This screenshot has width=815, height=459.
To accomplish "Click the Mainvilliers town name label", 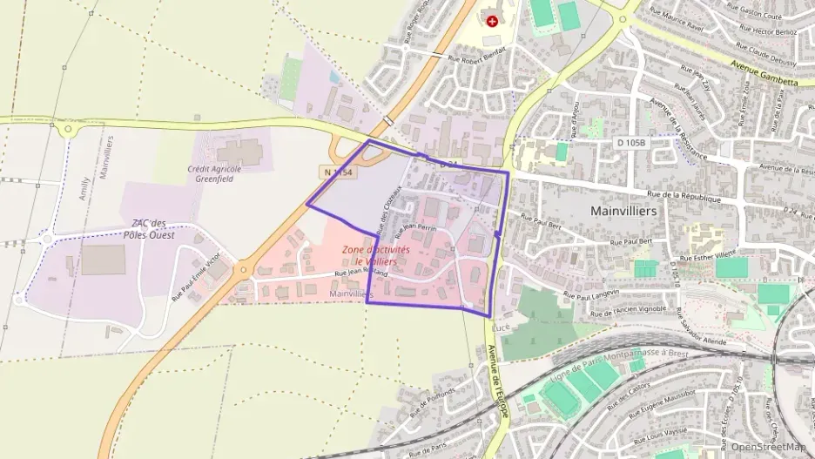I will [x=623, y=211].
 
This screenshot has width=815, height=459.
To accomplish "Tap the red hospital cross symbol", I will [x=494, y=20].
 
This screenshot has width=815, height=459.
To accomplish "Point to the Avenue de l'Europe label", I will [x=497, y=380].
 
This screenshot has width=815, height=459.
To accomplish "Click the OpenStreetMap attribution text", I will [x=768, y=447].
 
